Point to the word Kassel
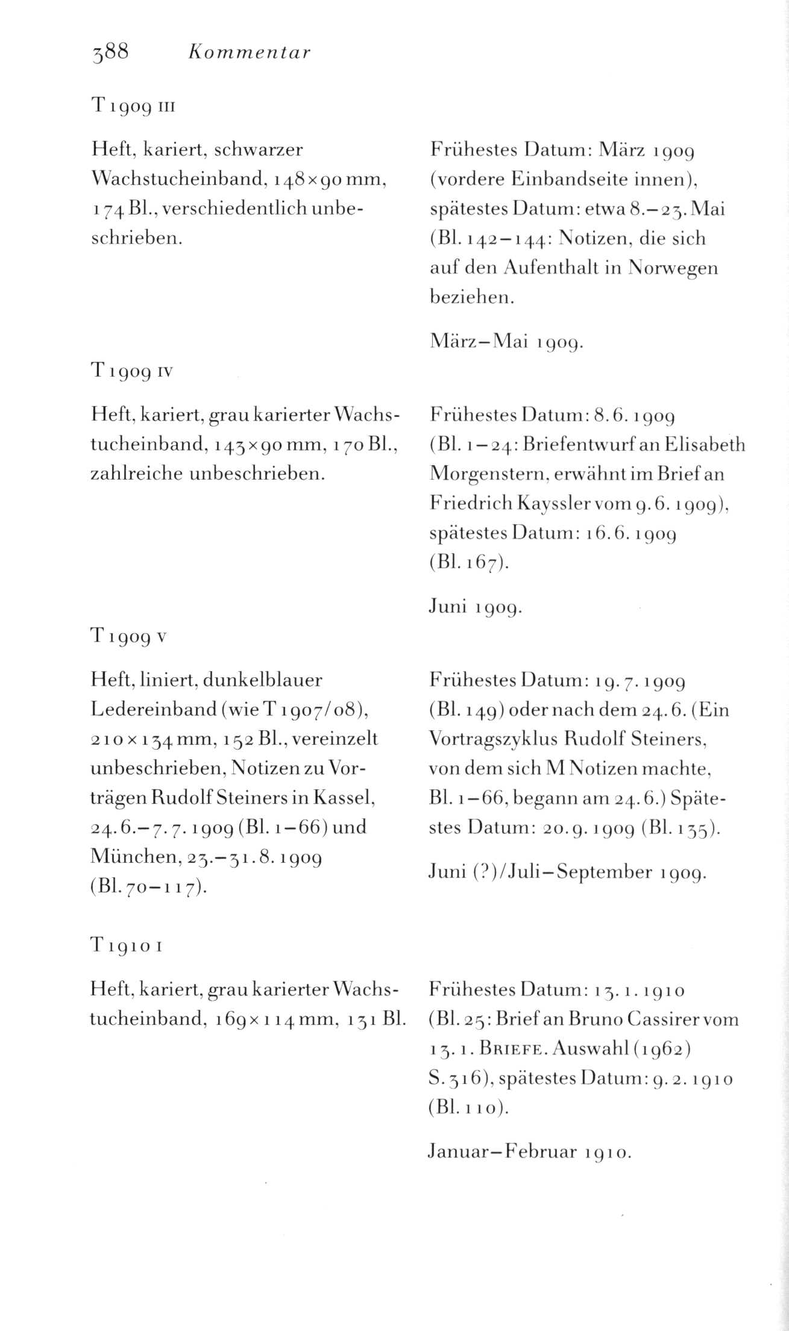coord(344,798)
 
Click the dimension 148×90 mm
coord(329,179)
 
